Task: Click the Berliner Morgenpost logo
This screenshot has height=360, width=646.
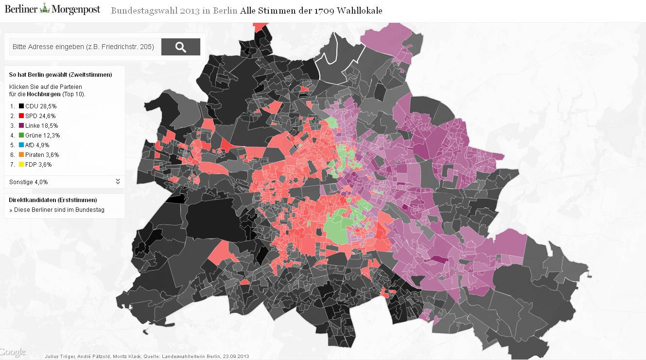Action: coord(52,9)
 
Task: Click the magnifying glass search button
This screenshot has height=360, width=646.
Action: coord(180,47)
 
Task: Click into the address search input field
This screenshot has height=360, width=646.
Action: coord(83,47)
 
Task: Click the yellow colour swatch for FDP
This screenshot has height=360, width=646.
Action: coord(21,164)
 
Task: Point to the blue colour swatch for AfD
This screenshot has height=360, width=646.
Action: coord(21,145)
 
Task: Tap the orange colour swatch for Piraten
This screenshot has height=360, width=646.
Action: coord(21,154)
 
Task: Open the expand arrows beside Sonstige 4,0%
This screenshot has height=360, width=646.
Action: coord(118,182)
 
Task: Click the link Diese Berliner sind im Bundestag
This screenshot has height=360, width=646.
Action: coord(57,210)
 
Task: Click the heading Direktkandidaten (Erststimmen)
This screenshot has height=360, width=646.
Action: coord(52,200)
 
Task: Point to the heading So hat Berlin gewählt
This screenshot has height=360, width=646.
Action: coord(60,75)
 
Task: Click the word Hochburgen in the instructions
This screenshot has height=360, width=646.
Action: coord(44,94)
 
